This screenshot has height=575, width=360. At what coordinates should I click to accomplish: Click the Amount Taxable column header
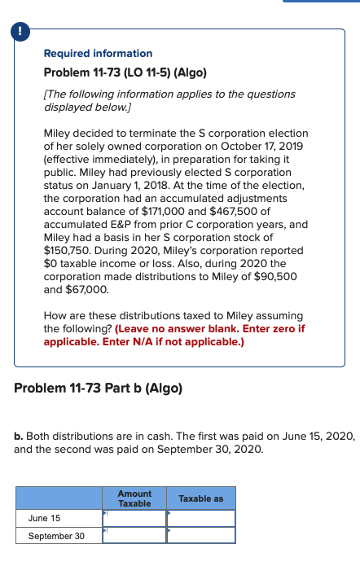tap(134, 498)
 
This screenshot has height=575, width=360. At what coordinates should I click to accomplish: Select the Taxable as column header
tap(200, 498)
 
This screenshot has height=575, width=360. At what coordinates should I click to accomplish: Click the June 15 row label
tap(43, 518)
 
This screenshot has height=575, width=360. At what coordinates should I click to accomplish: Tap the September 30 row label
tap(56, 535)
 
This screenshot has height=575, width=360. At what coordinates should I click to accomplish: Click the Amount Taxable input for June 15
tap(134, 518)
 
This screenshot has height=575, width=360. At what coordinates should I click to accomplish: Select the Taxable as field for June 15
tap(200, 518)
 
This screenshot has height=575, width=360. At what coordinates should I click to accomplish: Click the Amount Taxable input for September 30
tap(134, 535)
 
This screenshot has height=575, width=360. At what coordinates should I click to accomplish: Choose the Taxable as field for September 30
tap(200, 535)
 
